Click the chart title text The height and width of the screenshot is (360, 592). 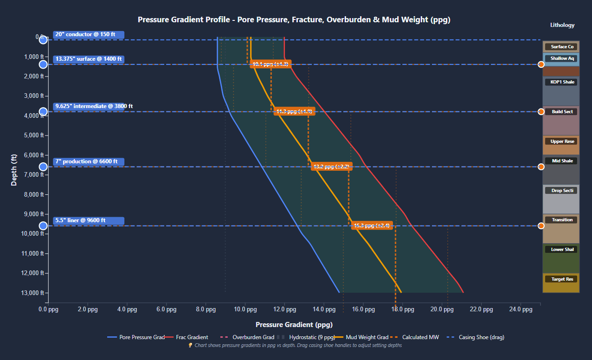tap(294, 19)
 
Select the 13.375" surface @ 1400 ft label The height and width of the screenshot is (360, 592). tap(88, 59)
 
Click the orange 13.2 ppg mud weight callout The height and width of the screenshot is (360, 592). tap(331, 167)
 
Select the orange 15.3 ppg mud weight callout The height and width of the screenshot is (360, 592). tap(372, 225)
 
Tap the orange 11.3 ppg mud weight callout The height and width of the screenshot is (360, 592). tap(294, 111)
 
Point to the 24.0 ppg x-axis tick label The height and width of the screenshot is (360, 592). tap(521, 309)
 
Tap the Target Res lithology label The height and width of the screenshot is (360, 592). tap(562, 279)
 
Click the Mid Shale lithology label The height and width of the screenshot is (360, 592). tap(562, 161)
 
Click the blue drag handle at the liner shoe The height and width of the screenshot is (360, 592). tap(43, 226)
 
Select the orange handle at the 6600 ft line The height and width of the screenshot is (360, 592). tap(541, 167)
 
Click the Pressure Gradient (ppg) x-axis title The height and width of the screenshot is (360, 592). tap(294, 324)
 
